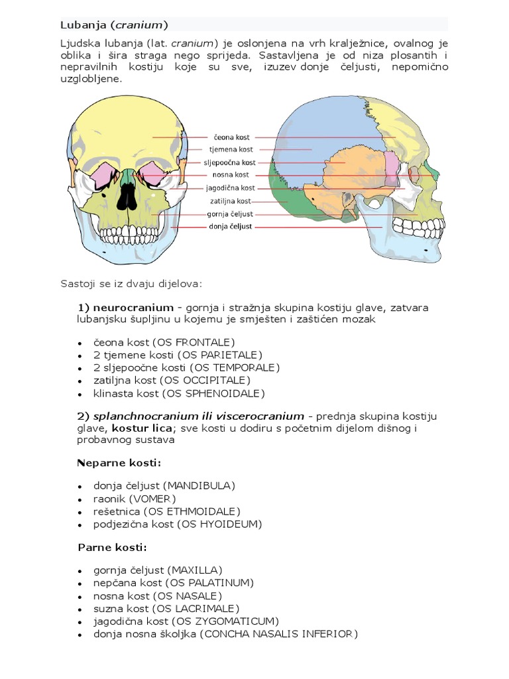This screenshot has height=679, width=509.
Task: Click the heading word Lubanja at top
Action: point(78,25)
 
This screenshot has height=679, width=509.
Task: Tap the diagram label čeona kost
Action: point(232,137)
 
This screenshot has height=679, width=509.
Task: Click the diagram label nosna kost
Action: point(231,175)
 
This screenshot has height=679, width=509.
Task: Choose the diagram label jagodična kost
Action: point(231,188)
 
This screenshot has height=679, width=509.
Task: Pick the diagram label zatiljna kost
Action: point(231,201)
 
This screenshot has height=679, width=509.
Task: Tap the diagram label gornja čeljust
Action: point(230,214)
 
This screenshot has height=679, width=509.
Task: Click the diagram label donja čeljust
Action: point(231,227)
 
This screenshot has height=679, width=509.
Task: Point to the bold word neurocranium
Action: point(133,308)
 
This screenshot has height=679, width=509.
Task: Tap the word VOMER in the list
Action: point(154,499)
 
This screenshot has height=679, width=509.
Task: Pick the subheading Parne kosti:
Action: point(112,548)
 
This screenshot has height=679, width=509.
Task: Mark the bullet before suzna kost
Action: point(80,609)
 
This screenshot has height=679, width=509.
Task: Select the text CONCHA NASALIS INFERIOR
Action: point(280,634)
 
